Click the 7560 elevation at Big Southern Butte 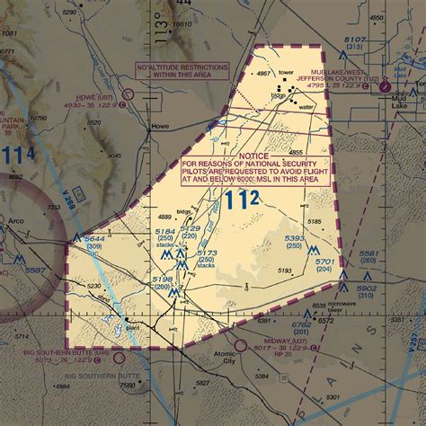(128, 386)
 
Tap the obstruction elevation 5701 (324, 262)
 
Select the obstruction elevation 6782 (302, 323)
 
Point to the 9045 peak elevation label (114, 155)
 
